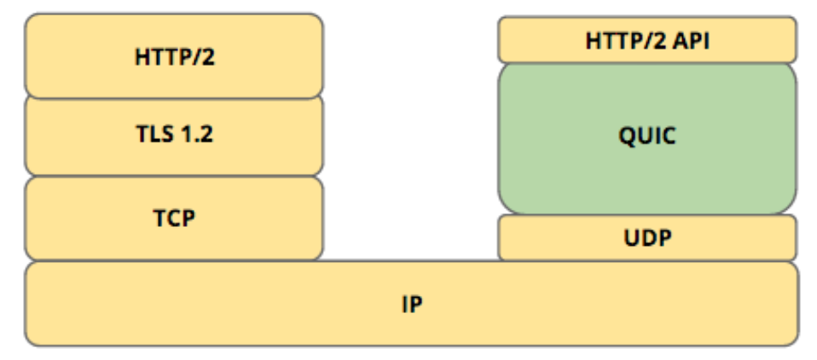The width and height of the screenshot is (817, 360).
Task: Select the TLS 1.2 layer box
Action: pyautogui.click(x=174, y=136)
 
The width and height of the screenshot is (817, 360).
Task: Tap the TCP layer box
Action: pyautogui.click(x=174, y=218)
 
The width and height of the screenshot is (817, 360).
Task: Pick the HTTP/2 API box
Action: pyautogui.click(x=646, y=40)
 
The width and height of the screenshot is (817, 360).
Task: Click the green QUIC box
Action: pyautogui.click(x=646, y=136)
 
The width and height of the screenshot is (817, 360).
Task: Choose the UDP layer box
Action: pyautogui.click(x=646, y=237)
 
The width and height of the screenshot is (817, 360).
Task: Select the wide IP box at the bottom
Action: pyautogui.click(x=409, y=304)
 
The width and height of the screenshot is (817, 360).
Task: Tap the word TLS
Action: pyautogui.click(x=157, y=136)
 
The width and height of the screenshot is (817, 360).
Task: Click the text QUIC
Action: pyautogui.click(x=646, y=136)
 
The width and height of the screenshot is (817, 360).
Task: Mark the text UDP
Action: pyautogui.click(x=646, y=237)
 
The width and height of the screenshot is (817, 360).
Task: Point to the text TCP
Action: pyautogui.click(x=174, y=218)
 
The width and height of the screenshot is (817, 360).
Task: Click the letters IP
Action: pyautogui.click(x=409, y=304)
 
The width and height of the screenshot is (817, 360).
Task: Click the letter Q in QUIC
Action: pyautogui.click(x=626, y=136)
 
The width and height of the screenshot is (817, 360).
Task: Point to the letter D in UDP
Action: pyautogui.click(x=647, y=237)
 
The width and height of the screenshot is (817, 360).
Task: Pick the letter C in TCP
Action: pyautogui.click(x=174, y=218)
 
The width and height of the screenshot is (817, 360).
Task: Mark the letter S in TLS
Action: pyautogui.click(x=168, y=136)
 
